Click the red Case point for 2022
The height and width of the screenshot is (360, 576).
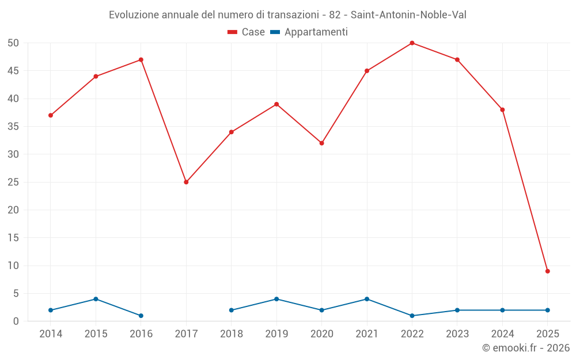tap(412, 43)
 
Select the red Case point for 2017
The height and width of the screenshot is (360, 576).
tap(186, 182)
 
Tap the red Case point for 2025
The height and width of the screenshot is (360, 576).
tap(547, 271)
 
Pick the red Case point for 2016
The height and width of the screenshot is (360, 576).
tap(141, 60)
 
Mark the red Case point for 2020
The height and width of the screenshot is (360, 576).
tap(321, 143)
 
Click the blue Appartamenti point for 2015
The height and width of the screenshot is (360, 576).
tap(96, 299)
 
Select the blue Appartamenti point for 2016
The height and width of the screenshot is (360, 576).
tap(141, 316)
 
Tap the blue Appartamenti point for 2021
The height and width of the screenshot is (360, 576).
tap(367, 299)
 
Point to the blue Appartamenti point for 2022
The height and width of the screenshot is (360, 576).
tap(412, 316)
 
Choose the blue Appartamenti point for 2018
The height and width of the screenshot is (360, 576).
tap(232, 310)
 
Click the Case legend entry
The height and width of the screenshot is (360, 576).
tap(247, 32)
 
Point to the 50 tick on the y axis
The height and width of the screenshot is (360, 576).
tap(13, 43)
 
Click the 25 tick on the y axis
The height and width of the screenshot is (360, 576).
tap(13, 182)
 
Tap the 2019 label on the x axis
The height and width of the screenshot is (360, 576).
tap(276, 334)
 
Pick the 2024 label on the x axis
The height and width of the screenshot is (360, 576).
tap(502, 334)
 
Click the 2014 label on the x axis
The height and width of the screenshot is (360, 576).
tap(51, 334)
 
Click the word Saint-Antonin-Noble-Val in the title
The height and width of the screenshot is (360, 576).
tap(408, 14)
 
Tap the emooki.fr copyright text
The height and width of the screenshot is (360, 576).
tap(525, 348)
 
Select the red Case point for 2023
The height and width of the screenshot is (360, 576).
tap(457, 60)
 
